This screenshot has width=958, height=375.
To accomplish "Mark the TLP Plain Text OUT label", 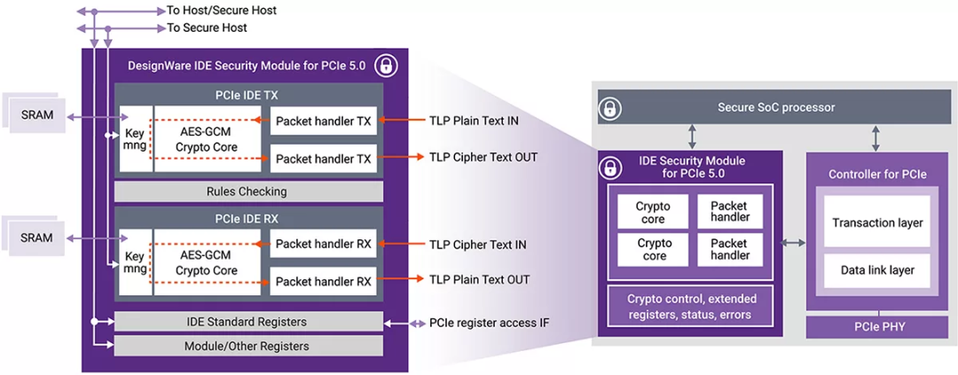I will [x=480, y=280].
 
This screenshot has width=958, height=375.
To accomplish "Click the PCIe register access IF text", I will [x=489, y=323].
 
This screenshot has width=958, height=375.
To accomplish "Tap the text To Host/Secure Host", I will [x=222, y=11].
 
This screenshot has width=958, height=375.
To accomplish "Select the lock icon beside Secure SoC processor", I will [x=610, y=108].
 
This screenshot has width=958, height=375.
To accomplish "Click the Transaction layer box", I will [x=877, y=223].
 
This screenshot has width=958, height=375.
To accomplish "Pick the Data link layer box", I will [x=877, y=270].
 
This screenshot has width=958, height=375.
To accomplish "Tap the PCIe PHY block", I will [x=877, y=327].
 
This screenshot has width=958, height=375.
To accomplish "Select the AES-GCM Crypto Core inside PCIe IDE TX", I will [x=207, y=140].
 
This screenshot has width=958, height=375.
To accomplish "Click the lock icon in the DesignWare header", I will [x=385, y=65].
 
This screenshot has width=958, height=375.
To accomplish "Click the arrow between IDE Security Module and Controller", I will [x=795, y=242].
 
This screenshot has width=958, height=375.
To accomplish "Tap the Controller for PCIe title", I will [x=877, y=174].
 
